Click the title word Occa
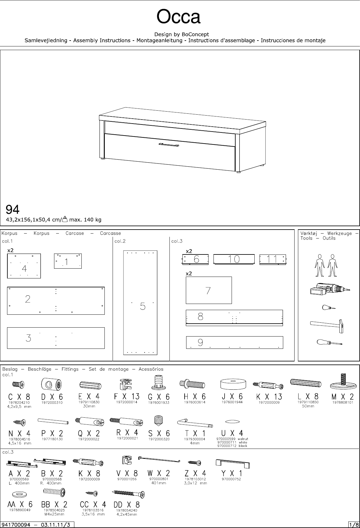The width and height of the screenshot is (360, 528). click(x=178, y=17)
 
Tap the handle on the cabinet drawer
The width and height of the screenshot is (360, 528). click(x=169, y=145)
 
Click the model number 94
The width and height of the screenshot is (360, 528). click(x=13, y=210)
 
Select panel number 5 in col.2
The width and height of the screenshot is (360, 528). click(x=140, y=302)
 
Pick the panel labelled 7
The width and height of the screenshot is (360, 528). click(x=209, y=290)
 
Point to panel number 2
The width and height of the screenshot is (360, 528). click(x=56, y=301)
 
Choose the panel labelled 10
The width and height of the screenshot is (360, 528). click(x=234, y=259)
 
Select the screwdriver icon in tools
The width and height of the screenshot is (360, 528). click(x=329, y=342)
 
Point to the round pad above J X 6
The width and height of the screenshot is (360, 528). click(x=233, y=384)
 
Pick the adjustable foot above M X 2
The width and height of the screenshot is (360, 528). click(x=342, y=382)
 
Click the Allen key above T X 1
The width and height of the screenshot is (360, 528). click(x=195, y=423)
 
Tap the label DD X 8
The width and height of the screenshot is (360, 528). click(x=127, y=505)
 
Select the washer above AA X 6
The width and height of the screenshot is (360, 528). click(x=20, y=495)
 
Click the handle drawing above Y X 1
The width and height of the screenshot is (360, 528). click(x=233, y=463)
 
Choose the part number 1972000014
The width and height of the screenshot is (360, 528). click(x=127, y=402)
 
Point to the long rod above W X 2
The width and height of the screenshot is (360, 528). click(x=159, y=459)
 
